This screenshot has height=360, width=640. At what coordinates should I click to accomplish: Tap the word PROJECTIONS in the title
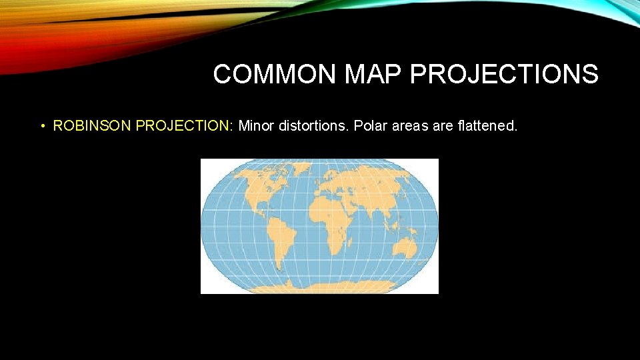pyautogui.click(x=504, y=75)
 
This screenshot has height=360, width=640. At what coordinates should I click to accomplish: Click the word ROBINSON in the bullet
pyautogui.click(x=93, y=125)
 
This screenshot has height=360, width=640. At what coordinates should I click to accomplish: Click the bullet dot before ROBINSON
pyautogui.click(x=42, y=126)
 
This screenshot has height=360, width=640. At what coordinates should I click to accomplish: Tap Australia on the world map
pyautogui.click(x=405, y=250)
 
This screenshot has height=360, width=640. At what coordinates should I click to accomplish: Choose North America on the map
pyautogui.click(x=257, y=193)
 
